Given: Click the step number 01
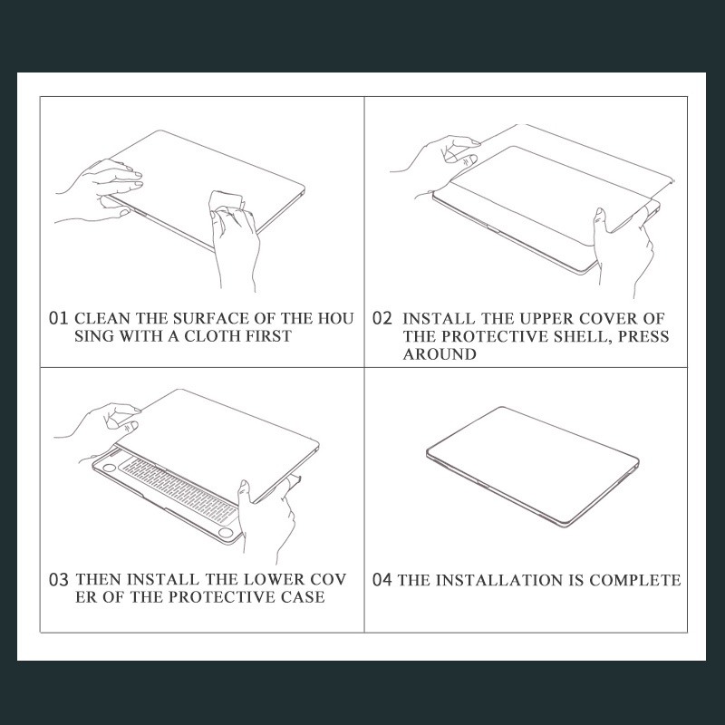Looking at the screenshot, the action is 59,319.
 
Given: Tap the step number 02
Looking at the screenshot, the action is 382,319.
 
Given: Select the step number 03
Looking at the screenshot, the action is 59,580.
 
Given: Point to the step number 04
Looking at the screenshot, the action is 382,580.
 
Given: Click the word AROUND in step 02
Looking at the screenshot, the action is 440,354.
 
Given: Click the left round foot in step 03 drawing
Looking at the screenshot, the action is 110,468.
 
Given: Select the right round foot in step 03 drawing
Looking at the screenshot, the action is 226,533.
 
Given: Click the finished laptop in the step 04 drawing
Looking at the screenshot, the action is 533,466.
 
